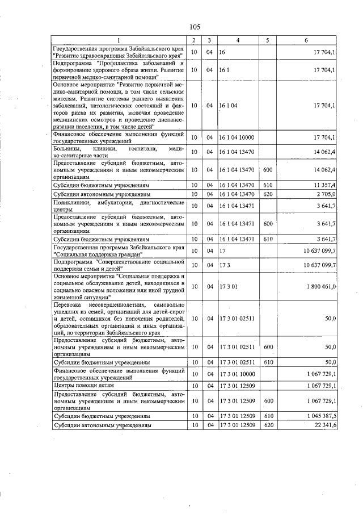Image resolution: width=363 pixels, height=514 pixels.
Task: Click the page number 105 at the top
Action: point(195,27)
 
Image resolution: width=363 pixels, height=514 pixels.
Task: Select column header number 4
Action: point(238,40)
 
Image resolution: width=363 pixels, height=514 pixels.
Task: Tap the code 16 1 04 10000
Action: point(237,137)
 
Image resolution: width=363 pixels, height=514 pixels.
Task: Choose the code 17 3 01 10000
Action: point(237,374)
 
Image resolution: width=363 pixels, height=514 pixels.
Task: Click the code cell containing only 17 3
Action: point(224,265)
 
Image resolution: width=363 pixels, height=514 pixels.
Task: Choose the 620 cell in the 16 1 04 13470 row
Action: point(268,194)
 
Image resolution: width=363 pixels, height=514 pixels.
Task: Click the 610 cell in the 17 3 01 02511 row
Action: point(268,361)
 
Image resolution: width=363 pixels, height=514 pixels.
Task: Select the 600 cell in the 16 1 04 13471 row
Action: point(268,224)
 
